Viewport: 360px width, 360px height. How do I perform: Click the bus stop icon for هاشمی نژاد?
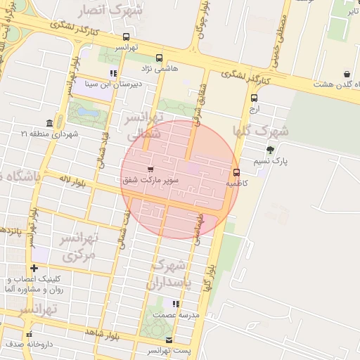pyautogui.click(x=159, y=58)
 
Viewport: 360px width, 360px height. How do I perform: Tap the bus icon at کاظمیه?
pyautogui.click(x=236, y=172)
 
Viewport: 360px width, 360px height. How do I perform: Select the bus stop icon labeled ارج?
pyautogui.click(x=254, y=98)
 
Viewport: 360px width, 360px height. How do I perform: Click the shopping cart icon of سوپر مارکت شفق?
pyautogui.click(x=150, y=169)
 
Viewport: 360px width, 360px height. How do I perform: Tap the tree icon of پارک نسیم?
pyautogui.click(x=271, y=150)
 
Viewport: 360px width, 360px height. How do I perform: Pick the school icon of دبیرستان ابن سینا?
pyautogui.click(x=113, y=73)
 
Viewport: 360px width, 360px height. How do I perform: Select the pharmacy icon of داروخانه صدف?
pyautogui.click(x=29, y=334)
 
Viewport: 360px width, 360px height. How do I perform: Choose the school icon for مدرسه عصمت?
pyautogui.click(x=176, y=304)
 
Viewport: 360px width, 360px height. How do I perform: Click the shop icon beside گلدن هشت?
pyautogui.click(x=347, y=74)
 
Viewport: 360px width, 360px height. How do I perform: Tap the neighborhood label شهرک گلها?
pyautogui.click(x=261, y=131)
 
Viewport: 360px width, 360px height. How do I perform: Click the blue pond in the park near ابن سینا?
pyautogui.click(x=88, y=112)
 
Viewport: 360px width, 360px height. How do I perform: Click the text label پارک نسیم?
pyautogui.click(x=291, y=161)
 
